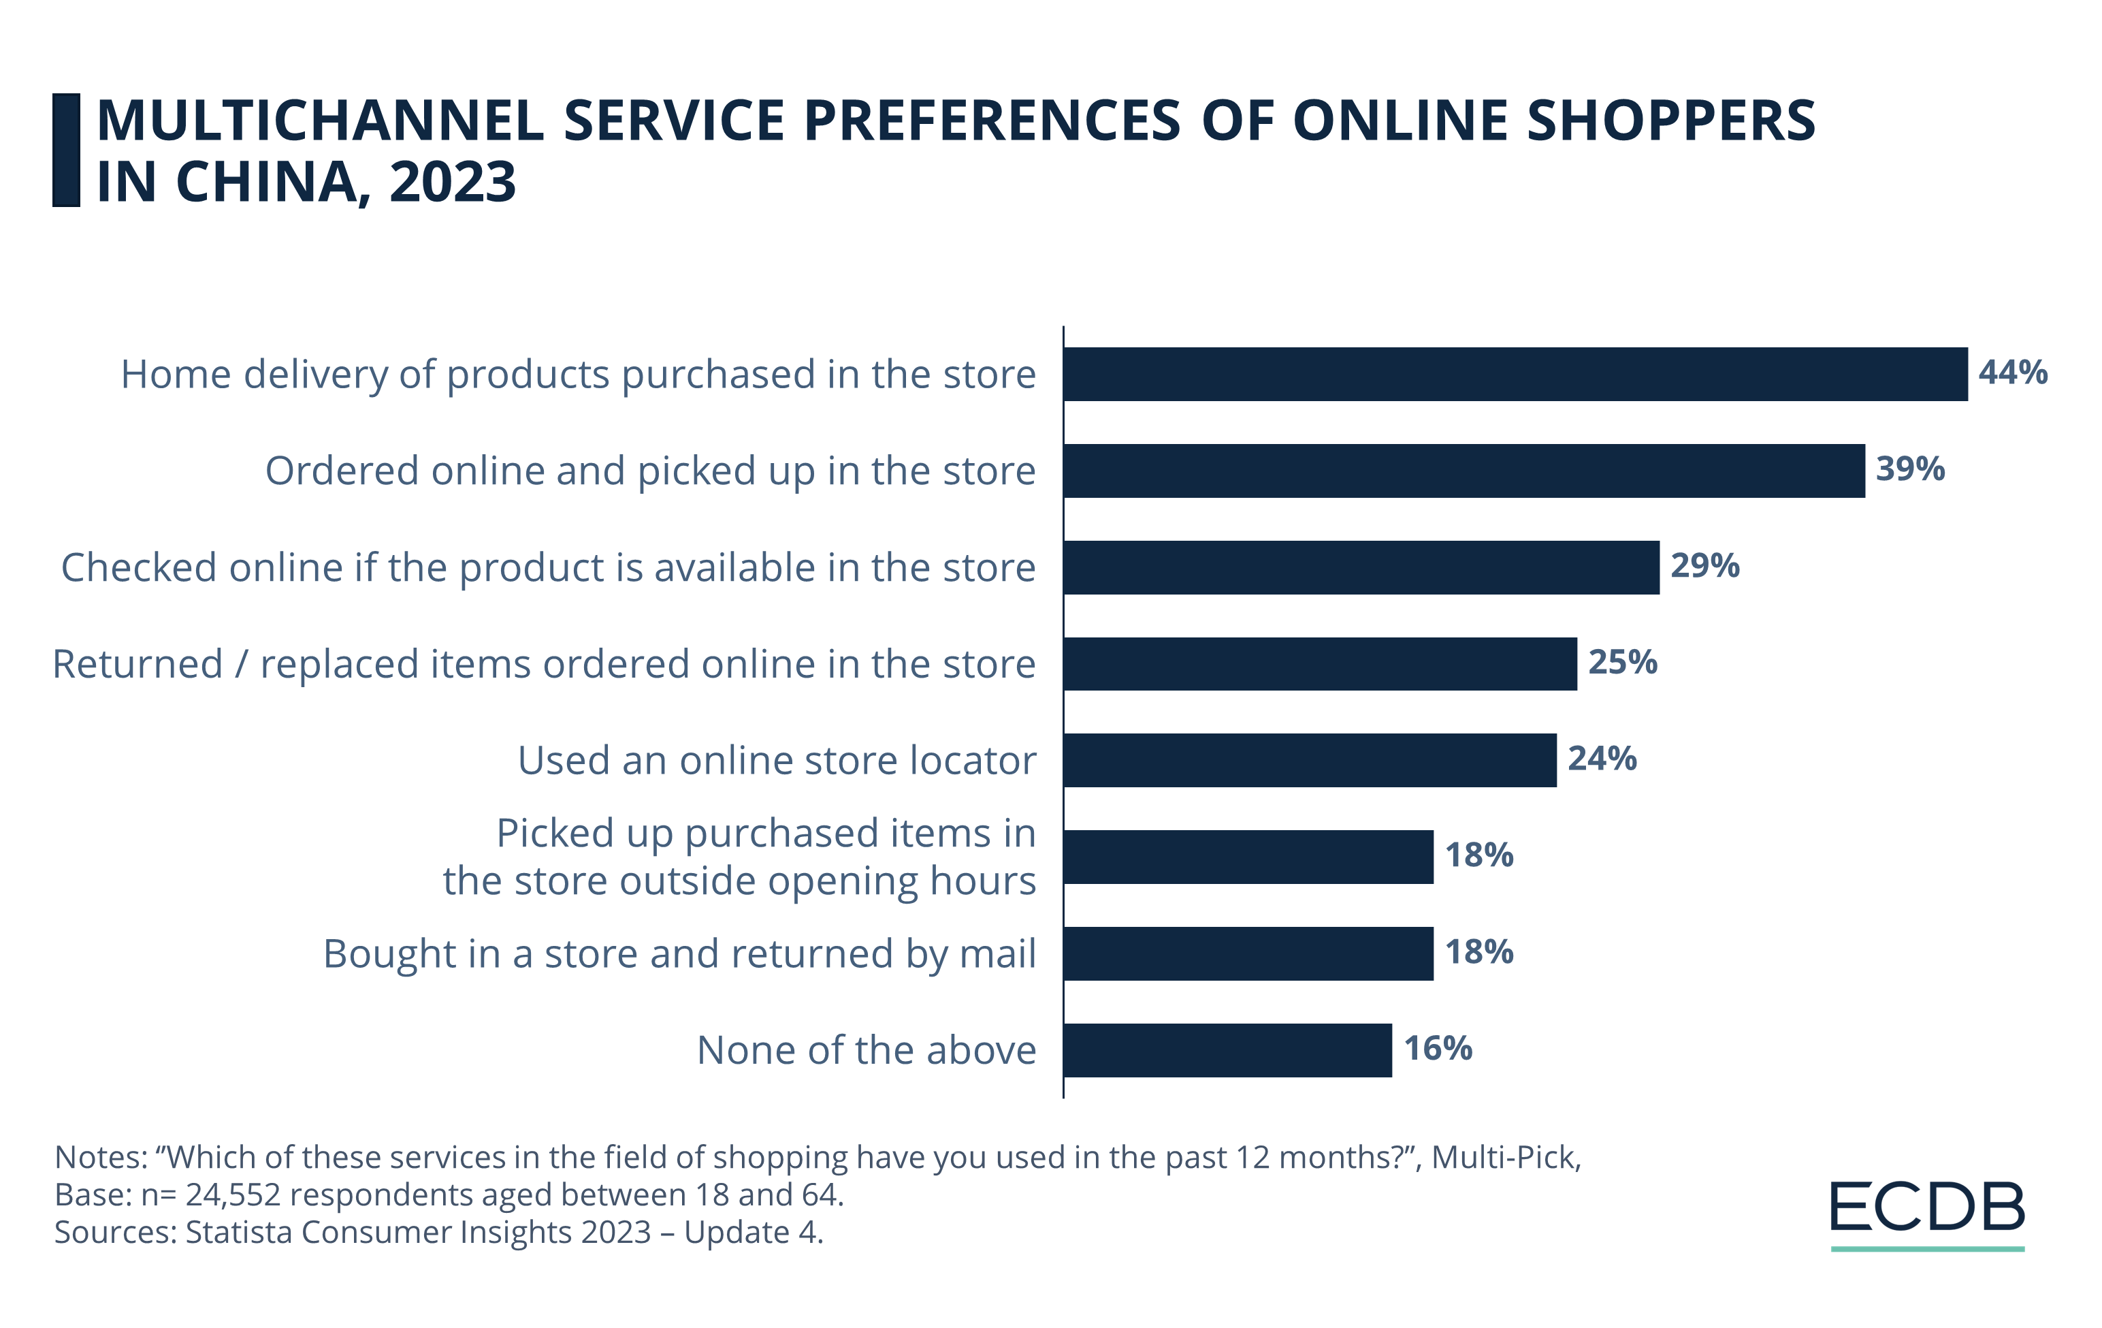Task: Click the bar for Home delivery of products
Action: coord(1515,374)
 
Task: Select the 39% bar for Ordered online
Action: coord(1464,471)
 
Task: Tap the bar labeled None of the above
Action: coord(1227,1050)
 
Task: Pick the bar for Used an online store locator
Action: coord(1310,761)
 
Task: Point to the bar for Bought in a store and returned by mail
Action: coord(1248,953)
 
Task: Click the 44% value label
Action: coord(2013,373)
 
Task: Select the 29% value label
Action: coord(1705,566)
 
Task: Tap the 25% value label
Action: coord(1622,662)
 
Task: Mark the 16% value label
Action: coord(1438,1049)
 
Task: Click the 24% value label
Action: coord(1602,759)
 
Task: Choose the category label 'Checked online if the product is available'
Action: coord(548,567)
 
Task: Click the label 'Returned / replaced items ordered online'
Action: coord(544,665)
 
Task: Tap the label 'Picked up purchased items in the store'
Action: coord(739,857)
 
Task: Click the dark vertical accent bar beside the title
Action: coord(66,151)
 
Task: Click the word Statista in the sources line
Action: coord(239,1232)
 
